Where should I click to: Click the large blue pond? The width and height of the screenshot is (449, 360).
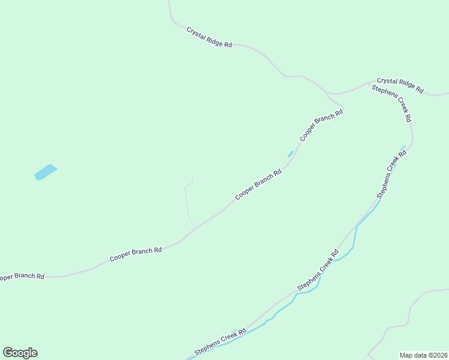tap(46, 172)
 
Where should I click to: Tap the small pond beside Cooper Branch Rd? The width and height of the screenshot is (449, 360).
tap(291, 154)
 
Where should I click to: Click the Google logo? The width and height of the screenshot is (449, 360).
tap(20, 353)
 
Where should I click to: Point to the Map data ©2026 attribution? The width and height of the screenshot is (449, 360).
tap(423, 355)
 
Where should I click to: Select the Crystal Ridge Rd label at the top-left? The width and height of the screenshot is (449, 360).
tap(209, 37)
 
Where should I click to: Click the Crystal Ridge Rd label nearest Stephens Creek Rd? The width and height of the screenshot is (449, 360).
tap(400, 85)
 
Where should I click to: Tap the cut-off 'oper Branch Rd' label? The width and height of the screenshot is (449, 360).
tap(22, 277)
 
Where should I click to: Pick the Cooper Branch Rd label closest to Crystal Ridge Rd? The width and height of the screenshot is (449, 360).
tap(321, 124)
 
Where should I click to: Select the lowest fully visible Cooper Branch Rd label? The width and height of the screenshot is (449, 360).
tap(136, 254)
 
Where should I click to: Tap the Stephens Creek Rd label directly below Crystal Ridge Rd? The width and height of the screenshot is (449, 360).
tap(391, 103)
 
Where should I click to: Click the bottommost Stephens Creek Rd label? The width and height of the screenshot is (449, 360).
tap(220, 342)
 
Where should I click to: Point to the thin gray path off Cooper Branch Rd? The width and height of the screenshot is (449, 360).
tap(187, 204)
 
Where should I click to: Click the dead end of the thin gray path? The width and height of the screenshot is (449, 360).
tap(193, 177)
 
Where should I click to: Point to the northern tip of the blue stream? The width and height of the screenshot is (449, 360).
tap(404, 146)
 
